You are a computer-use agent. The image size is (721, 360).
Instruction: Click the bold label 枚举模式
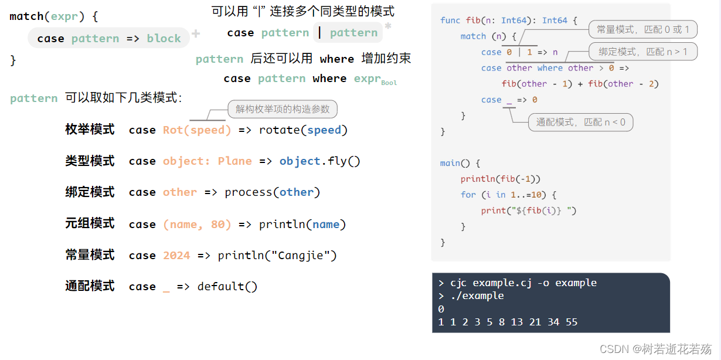90,130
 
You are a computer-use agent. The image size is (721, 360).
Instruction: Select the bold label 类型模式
90,161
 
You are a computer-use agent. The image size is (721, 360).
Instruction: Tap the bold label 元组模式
90,223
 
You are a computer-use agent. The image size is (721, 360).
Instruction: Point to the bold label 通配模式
90,286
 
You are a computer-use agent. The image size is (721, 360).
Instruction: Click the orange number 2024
176,256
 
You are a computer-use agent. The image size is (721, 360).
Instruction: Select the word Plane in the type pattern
234,161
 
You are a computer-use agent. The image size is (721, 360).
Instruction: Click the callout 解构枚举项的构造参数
283,109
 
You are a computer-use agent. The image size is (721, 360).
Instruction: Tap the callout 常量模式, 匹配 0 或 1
643,29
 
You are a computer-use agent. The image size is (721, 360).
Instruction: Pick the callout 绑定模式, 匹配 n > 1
643,52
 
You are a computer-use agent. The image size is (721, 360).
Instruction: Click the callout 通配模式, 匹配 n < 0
581,122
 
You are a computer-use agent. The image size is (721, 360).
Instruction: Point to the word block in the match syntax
164,38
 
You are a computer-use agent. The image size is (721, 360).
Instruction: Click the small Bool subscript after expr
389,83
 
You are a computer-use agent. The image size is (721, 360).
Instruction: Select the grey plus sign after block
196,33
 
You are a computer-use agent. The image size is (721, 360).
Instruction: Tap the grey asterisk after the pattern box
388,26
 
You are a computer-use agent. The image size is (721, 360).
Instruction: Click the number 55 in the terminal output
572,322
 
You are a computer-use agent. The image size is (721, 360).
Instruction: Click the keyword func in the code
450,21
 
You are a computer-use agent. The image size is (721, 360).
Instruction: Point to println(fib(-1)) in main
500,179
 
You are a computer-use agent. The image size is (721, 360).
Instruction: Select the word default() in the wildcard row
227,286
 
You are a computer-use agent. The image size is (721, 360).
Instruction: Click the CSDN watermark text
656,349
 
